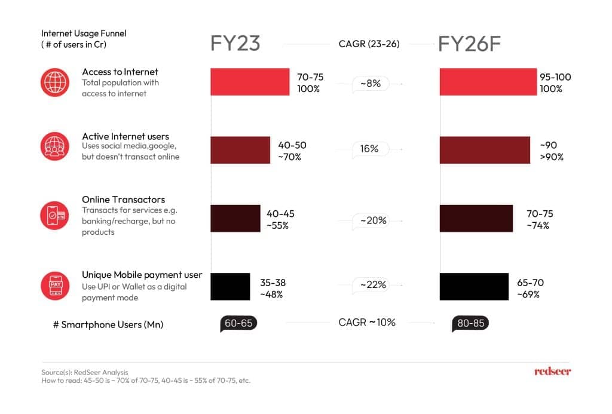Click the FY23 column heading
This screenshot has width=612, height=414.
[x=235, y=44]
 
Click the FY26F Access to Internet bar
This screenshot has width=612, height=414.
[x=488, y=82]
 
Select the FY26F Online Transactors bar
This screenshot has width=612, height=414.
[x=476, y=218]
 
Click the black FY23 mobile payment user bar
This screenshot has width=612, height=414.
[x=230, y=286]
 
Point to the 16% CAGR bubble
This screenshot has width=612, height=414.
[x=370, y=149]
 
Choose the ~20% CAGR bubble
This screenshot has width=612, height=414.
[x=373, y=220]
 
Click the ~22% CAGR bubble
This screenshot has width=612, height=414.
[x=373, y=285]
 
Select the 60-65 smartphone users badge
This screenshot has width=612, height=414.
[x=238, y=323]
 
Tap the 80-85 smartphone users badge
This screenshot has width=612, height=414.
[x=470, y=323]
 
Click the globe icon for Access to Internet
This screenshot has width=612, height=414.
[x=55, y=82]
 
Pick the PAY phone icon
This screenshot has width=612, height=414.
[x=55, y=286]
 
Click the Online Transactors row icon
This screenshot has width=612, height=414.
[x=55, y=214]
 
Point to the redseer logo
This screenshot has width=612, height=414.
[x=552, y=372]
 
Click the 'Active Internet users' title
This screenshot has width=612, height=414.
[x=126, y=136]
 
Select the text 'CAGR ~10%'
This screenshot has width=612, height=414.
[x=367, y=323]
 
